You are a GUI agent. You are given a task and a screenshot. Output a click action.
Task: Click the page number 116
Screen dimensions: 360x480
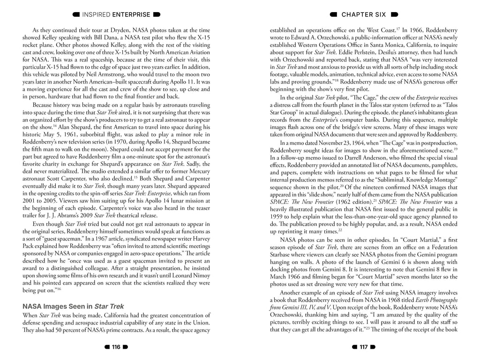point(115,347)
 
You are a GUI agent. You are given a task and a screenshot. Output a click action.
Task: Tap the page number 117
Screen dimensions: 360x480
point(363,347)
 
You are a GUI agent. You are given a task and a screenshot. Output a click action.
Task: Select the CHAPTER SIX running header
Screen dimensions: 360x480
point(363,15)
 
